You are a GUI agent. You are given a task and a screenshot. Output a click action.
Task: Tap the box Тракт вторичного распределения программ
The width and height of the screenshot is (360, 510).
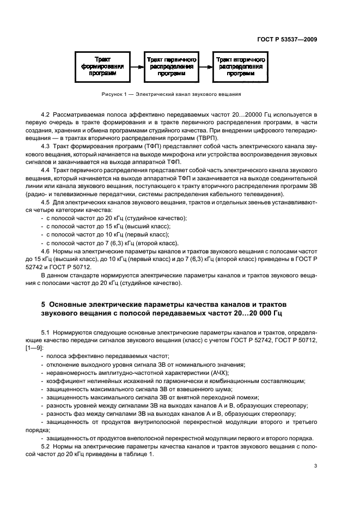point(240,65)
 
